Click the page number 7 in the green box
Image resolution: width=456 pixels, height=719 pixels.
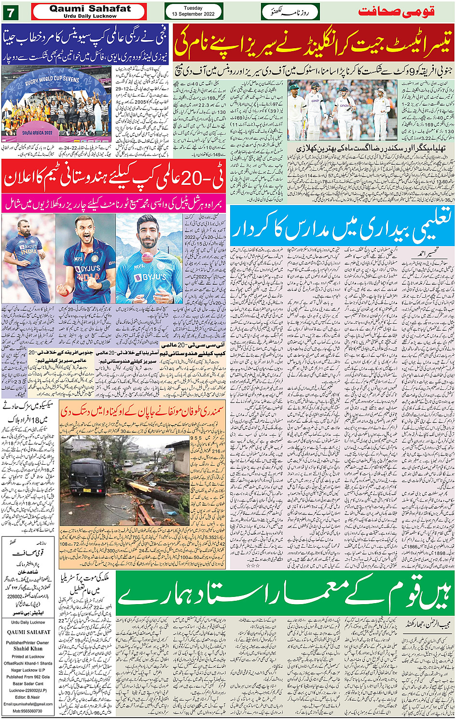click(x=10, y=12)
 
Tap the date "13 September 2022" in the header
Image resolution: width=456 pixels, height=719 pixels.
click(x=193, y=14)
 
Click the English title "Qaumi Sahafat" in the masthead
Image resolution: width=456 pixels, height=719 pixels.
click(x=90, y=9)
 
